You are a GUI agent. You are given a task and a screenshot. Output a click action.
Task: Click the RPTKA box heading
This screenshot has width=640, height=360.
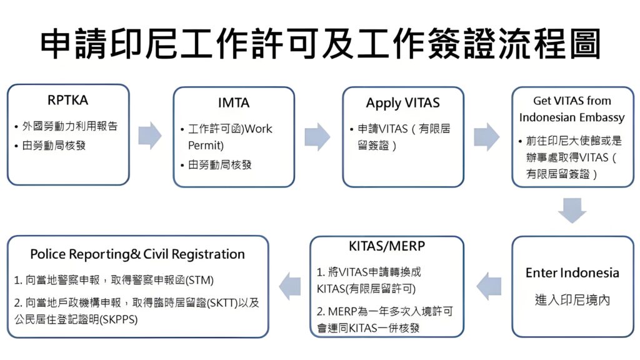(67, 100)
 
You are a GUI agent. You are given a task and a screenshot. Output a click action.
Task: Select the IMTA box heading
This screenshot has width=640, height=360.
(234, 103)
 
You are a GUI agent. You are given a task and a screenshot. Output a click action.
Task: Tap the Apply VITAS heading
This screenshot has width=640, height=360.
(402, 103)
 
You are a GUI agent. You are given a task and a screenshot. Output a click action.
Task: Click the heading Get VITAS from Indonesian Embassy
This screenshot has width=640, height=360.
(572, 109)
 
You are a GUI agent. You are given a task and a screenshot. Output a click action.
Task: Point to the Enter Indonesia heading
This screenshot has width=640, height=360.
(572, 273)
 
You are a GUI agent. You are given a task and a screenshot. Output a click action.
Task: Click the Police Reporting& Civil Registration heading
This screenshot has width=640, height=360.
(137, 254)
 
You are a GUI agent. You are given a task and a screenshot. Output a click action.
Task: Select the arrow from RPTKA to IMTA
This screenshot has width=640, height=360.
(150, 135)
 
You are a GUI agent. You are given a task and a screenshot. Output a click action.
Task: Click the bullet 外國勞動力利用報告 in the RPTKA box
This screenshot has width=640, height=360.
(69, 126)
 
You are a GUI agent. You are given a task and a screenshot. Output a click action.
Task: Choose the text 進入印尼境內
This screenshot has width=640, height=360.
(572, 300)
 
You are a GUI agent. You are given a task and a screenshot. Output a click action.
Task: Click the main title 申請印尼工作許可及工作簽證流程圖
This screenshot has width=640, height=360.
(320, 44)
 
